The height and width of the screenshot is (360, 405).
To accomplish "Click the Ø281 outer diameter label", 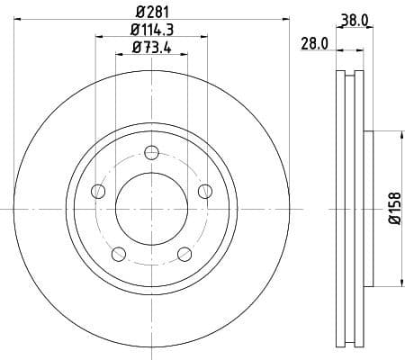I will click(x=150, y=12).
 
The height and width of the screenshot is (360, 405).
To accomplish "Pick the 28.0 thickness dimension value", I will click(x=313, y=42).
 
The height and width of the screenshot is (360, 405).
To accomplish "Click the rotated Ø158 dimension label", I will click(x=395, y=208).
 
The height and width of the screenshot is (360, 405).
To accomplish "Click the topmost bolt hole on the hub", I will click(x=151, y=151).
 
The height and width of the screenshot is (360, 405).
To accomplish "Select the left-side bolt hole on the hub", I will click(x=97, y=190).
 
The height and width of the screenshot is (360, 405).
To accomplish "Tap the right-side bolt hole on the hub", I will click(x=205, y=190).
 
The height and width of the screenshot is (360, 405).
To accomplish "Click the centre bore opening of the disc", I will click(x=151, y=208).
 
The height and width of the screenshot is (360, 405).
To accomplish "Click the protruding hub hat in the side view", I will click(x=367, y=208).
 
